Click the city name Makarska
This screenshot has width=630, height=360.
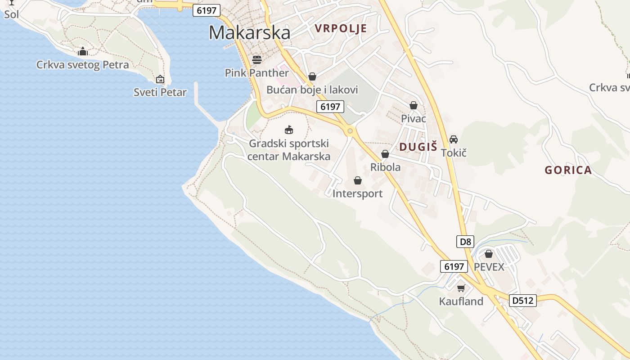pos(249,33)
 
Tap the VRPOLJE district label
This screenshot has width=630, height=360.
pos(341,28)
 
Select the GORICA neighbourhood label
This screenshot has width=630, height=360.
pos(568,170)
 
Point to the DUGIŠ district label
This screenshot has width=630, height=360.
pos(418,146)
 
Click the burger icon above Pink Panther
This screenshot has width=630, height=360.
pos(257,59)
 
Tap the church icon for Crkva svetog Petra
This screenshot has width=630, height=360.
pos(82,51)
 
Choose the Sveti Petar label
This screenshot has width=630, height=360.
pos(160,92)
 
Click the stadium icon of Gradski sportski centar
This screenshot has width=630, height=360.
pos(289,130)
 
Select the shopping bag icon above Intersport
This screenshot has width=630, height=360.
pos(358,180)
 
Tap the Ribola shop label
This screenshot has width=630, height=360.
pos(385,167)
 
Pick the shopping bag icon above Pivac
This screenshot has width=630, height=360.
pos(414,105)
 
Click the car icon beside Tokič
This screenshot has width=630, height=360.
pos(454,139)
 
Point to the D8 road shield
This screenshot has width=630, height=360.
pos(465,242)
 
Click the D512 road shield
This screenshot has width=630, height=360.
pos(523,300)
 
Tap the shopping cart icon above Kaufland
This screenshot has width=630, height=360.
pos(461,288)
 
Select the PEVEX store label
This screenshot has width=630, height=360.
pos(489,267)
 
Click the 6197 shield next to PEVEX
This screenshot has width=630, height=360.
pos(454,266)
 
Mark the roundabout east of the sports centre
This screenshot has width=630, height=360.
pos(350,131)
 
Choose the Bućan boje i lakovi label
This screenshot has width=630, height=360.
pos(312,90)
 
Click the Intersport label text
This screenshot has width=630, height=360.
pos(357,193)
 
